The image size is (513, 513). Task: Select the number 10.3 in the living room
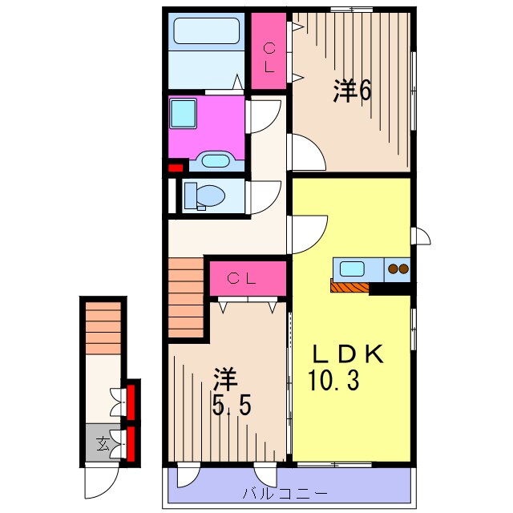[334, 379]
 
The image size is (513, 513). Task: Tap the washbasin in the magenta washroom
[214, 160]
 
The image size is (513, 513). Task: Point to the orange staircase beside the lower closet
[187, 297]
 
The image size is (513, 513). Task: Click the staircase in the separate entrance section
[103, 326]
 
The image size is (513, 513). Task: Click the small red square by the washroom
[175, 168]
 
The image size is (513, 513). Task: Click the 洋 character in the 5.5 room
[224, 378]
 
